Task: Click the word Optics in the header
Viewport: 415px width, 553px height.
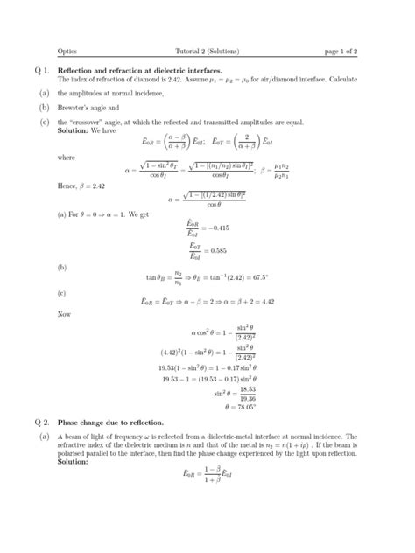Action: click(x=67, y=50)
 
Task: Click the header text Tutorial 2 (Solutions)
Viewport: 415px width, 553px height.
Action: click(x=208, y=50)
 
